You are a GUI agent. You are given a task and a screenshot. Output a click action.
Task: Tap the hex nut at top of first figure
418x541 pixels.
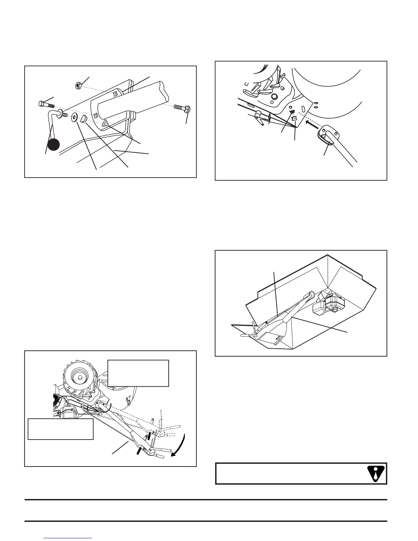pyautogui.click(x=78, y=84)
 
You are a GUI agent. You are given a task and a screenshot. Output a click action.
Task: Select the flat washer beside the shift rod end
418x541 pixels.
pyautogui.click(x=74, y=119)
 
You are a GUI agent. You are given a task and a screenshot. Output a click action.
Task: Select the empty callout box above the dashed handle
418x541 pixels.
pyautogui.click(x=138, y=373)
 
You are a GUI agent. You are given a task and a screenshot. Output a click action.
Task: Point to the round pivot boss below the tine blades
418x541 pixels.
pyautogui.click(x=273, y=97)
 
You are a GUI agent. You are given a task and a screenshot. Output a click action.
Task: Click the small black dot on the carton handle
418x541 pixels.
pyautogui.click(x=266, y=322)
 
